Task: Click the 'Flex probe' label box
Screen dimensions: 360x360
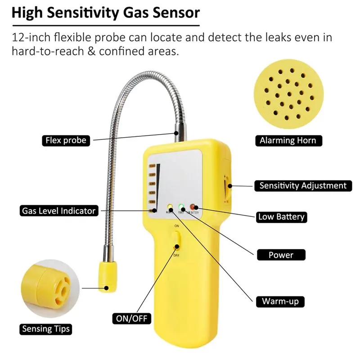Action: coord(66,140)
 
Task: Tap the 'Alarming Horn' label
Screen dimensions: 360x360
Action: coord(288,140)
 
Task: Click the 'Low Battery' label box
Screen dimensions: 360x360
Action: coord(281,217)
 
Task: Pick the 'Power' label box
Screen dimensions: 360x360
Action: coord(281,255)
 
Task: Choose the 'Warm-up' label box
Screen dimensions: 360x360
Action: coord(280,301)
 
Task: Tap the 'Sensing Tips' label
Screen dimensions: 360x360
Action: coord(46,329)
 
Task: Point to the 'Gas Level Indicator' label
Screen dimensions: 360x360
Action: coord(59,210)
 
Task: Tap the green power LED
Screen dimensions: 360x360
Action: coord(182,207)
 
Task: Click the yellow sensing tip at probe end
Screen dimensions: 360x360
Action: coord(106,277)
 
